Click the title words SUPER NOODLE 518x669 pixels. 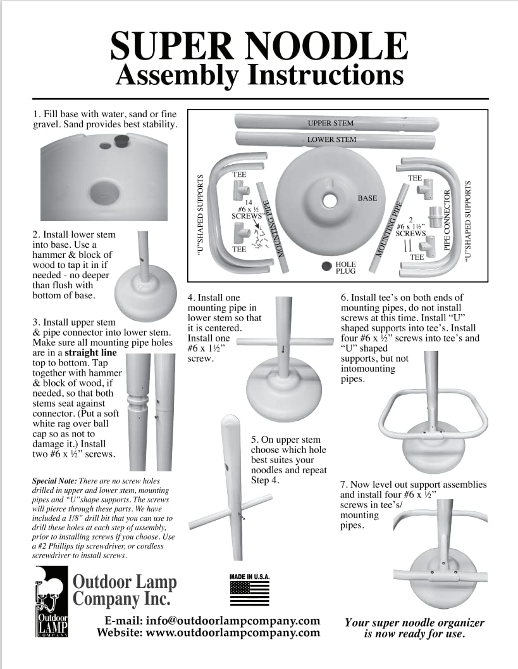point(259,46)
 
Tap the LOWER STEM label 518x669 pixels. point(331,139)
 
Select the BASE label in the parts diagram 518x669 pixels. point(367,198)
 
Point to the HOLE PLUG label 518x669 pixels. point(345,267)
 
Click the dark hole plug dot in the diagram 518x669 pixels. point(326,267)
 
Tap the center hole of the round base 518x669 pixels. point(330,199)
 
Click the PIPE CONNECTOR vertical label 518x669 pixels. point(448,219)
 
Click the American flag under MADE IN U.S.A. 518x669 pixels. point(249,593)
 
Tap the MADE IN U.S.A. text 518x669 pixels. point(249,577)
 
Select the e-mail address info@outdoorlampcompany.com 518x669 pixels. point(232,621)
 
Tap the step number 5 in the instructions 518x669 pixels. point(254,439)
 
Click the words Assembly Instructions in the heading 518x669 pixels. point(260,75)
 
